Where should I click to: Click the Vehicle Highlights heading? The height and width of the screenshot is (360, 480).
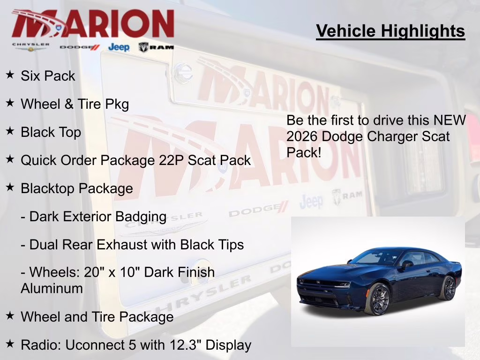[x=390, y=31]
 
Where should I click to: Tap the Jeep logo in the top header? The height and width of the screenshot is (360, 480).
[x=119, y=47]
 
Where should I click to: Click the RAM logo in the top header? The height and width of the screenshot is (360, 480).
[x=156, y=47]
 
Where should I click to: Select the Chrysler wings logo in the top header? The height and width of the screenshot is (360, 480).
[x=30, y=47]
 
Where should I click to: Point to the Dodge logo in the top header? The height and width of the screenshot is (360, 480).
[x=80, y=47]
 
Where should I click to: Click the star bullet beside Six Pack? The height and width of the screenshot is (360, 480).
[x=10, y=75]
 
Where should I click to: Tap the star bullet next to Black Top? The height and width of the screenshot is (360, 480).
[x=10, y=131]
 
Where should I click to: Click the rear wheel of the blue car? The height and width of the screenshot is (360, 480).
[x=447, y=288]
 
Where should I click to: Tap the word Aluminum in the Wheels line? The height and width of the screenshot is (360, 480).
[x=52, y=288]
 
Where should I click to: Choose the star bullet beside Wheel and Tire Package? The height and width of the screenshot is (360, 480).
[x=10, y=316]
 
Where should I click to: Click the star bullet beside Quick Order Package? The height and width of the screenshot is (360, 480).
[x=10, y=159]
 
